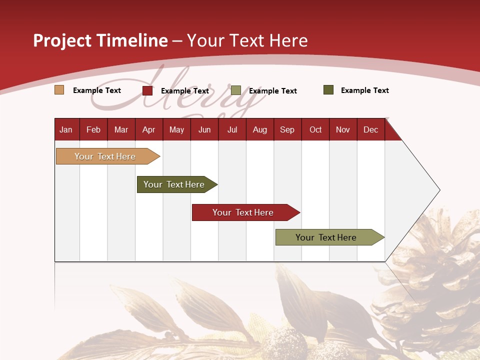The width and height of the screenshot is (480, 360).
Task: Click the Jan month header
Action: [x=66, y=129]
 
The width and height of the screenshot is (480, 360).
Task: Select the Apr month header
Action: [x=148, y=129]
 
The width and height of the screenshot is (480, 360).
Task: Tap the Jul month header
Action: [x=232, y=129]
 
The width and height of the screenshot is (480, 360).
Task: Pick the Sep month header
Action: [x=287, y=129]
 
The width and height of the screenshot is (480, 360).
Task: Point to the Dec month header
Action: [x=370, y=129]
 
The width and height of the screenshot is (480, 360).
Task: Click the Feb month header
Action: [x=93, y=129]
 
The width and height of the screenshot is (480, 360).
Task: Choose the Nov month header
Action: [x=342, y=129]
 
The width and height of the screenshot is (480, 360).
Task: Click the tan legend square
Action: [x=59, y=90]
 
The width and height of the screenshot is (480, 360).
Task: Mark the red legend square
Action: [x=147, y=90]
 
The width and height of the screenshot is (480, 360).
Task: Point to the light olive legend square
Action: [x=236, y=90]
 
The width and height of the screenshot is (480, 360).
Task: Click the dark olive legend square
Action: [x=328, y=90]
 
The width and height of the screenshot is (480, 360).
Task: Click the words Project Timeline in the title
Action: [x=100, y=40]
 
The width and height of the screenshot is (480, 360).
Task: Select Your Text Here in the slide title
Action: [x=247, y=40]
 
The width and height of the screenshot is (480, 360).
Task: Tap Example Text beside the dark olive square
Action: [x=364, y=90]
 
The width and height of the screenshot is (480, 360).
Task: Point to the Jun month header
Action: [x=204, y=129]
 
